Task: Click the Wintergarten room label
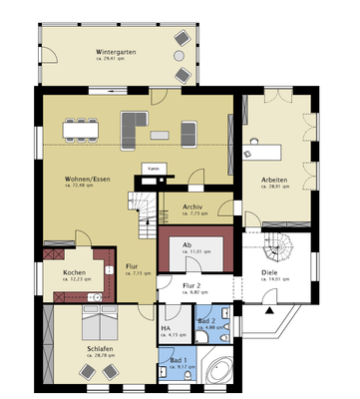click(117, 51)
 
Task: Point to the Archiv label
click(192, 208)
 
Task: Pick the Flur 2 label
click(193, 286)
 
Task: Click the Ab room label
click(186, 245)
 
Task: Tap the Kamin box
click(152, 169)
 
